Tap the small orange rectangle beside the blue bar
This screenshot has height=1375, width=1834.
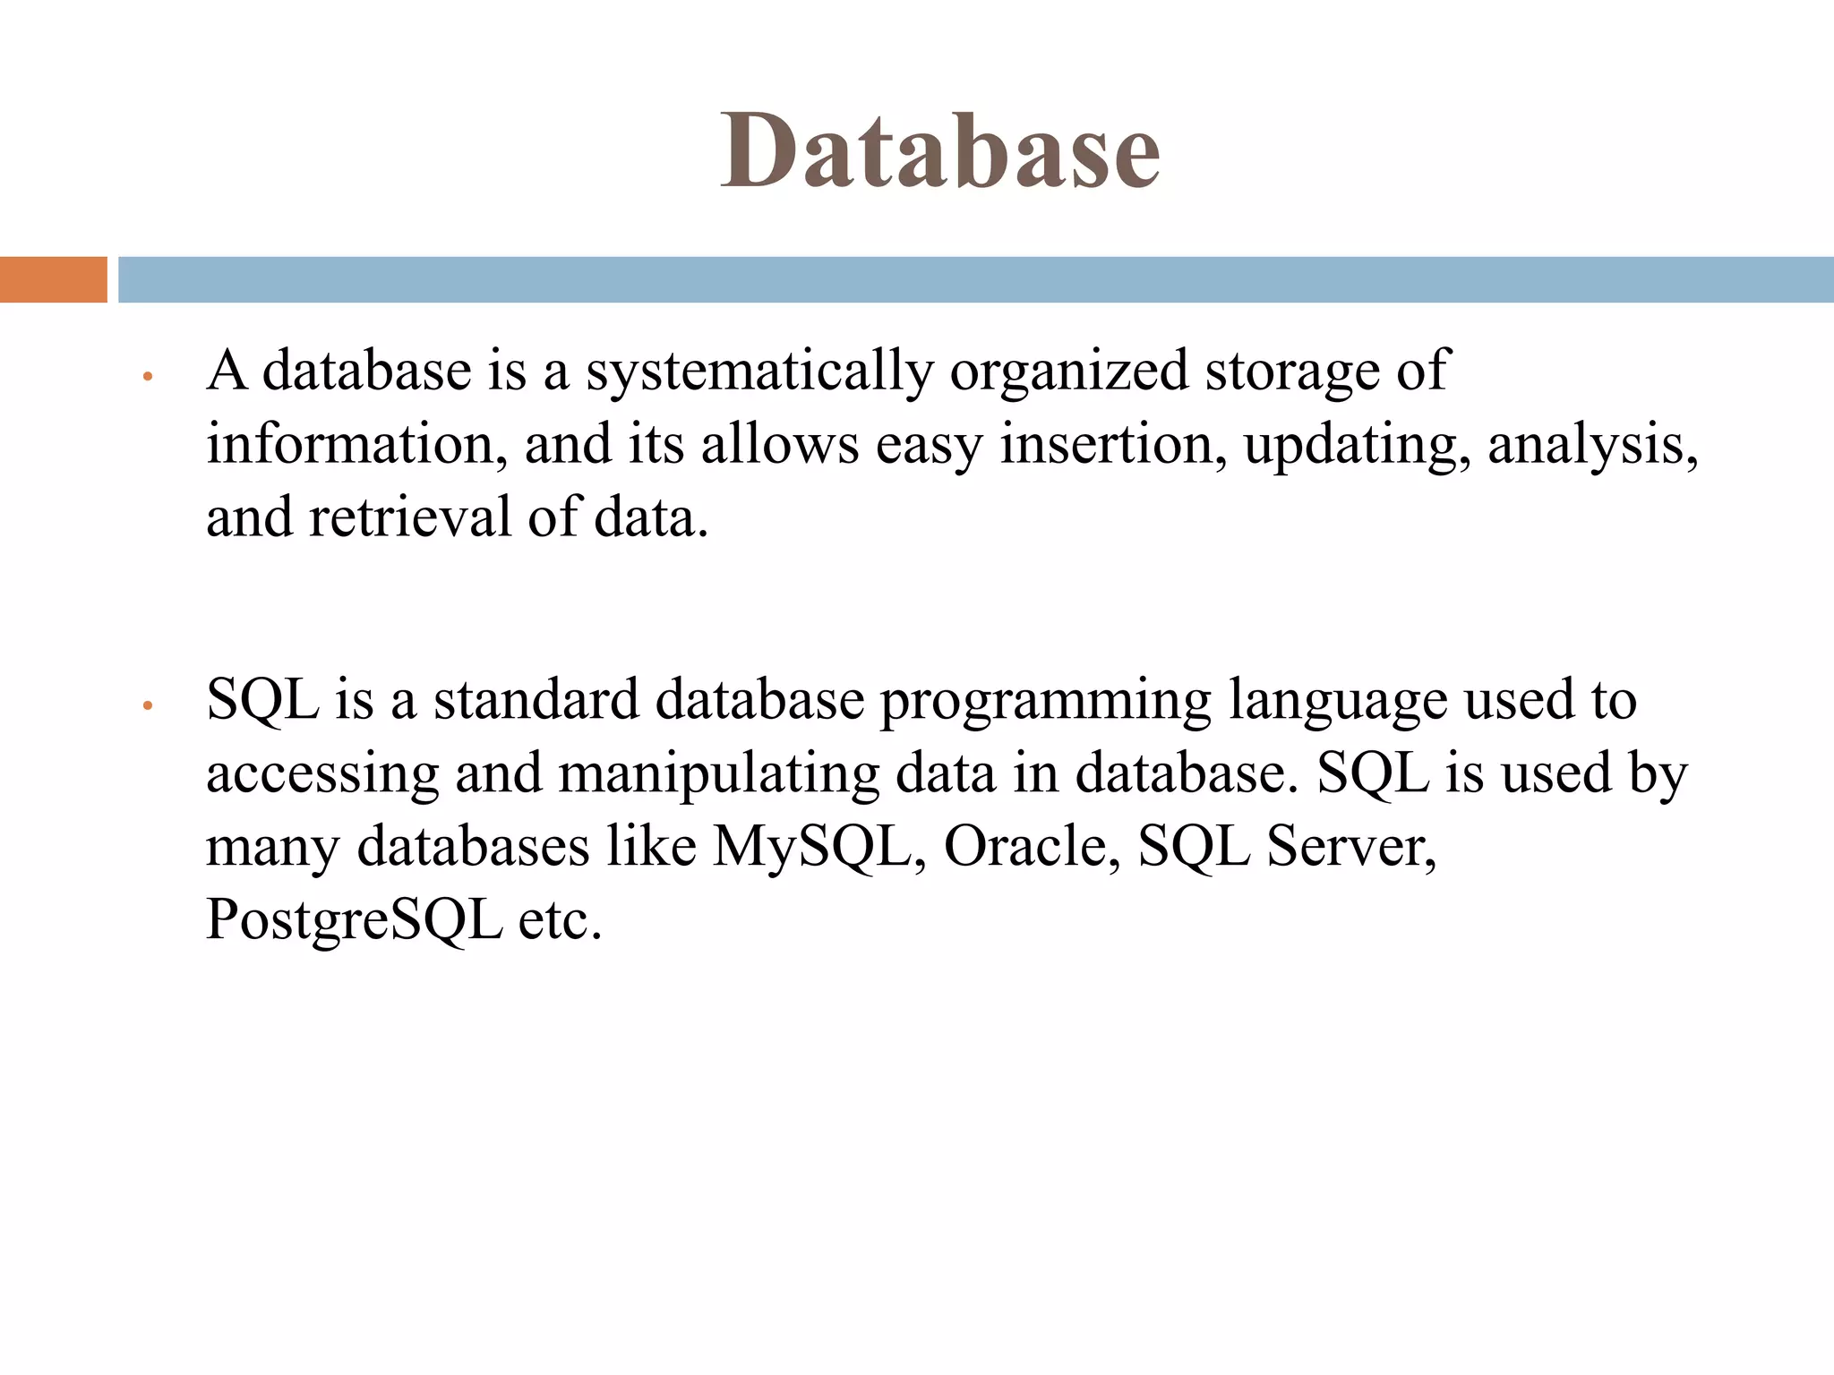point(53,279)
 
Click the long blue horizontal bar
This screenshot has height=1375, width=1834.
point(975,279)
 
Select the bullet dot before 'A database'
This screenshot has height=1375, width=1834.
point(149,377)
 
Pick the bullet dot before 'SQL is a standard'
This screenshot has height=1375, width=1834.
point(149,706)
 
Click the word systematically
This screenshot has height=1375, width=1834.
point(759,372)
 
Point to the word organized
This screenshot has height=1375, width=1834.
point(1068,372)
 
